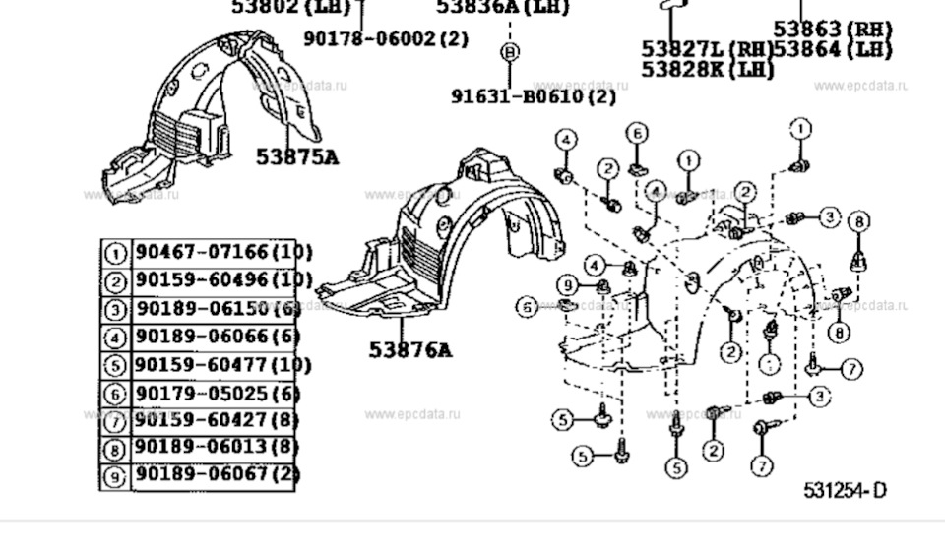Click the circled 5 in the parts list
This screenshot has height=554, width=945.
click(x=116, y=366)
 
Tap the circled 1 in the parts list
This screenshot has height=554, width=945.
click(x=116, y=254)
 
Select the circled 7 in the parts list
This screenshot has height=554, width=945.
click(x=116, y=422)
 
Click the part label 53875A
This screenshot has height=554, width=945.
click(x=296, y=155)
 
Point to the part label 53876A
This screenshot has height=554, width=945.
click(x=410, y=349)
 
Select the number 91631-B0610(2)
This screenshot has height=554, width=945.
click(x=534, y=96)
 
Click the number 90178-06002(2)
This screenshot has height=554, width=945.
click(x=386, y=38)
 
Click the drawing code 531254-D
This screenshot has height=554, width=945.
click(x=844, y=490)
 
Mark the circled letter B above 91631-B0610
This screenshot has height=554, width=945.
click(x=509, y=51)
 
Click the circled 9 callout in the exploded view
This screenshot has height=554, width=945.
click(x=566, y=286)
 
